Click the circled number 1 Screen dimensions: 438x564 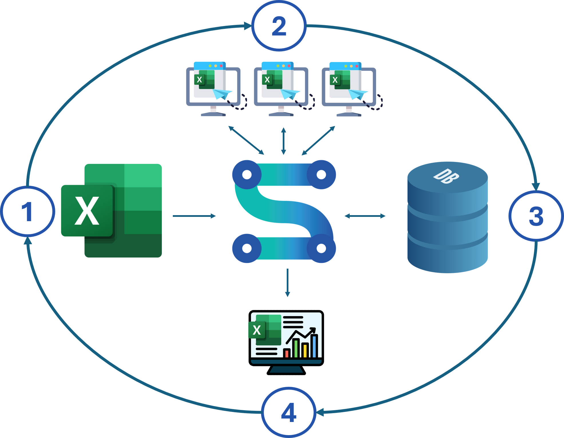pos(27,211)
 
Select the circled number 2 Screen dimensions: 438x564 pos(279,26)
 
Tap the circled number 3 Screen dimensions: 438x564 pos(536,216)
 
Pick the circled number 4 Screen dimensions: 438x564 pos(289,413)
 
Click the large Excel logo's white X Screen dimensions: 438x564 pos(87,211)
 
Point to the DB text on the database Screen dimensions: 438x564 pos(446,176)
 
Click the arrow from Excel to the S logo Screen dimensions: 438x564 pos(194,216)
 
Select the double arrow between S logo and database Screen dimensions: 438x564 pos(365,216)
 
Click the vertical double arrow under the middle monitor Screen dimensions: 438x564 pos(284,141)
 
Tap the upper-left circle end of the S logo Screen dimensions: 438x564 pos(247,175)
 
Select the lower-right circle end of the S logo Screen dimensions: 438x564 pos(321,248)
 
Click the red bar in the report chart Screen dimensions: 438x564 pos(287,353)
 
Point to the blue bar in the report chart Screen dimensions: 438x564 pos(314,346)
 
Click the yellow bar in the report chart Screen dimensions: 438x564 pos(305,350)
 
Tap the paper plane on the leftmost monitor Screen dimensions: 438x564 pos(222,94)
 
